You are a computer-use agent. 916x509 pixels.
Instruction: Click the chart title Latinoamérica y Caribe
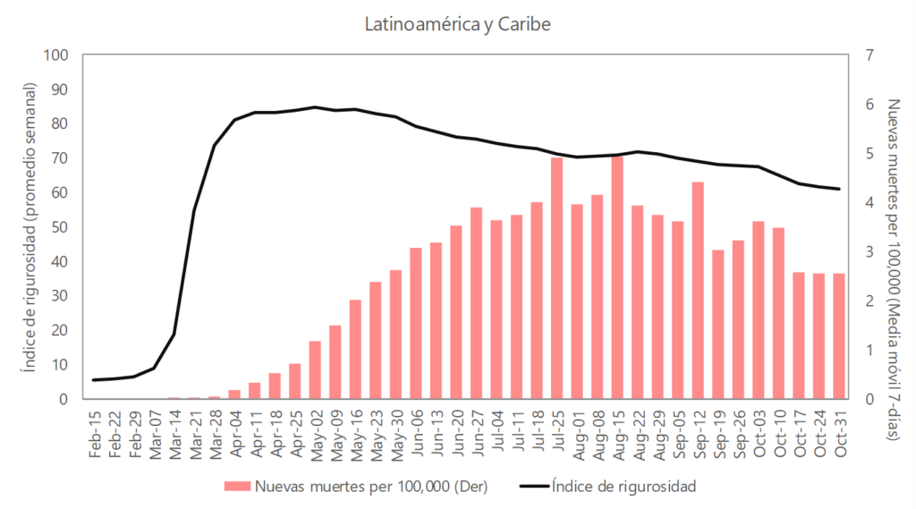point(457,23)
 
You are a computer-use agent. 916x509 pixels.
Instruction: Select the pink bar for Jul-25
point(557,278)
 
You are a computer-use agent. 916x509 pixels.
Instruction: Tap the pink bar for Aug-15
point(617,277)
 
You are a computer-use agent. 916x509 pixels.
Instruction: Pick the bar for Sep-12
point(698,291)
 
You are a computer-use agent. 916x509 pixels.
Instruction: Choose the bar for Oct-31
point(839,335)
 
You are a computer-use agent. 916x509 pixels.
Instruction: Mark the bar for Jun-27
point(476,303)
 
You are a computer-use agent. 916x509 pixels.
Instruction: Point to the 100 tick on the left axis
point(56,55)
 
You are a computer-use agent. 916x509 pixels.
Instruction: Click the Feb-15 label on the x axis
point(95,436)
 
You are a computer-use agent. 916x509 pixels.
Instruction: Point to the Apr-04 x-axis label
point(235,436)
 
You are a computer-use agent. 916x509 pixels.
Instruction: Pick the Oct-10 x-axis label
point(779,436)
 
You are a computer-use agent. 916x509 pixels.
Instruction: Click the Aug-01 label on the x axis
point(578,436)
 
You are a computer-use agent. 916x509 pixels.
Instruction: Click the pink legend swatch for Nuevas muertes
point(237,487)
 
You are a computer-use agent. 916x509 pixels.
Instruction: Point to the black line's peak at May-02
point(315,107)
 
